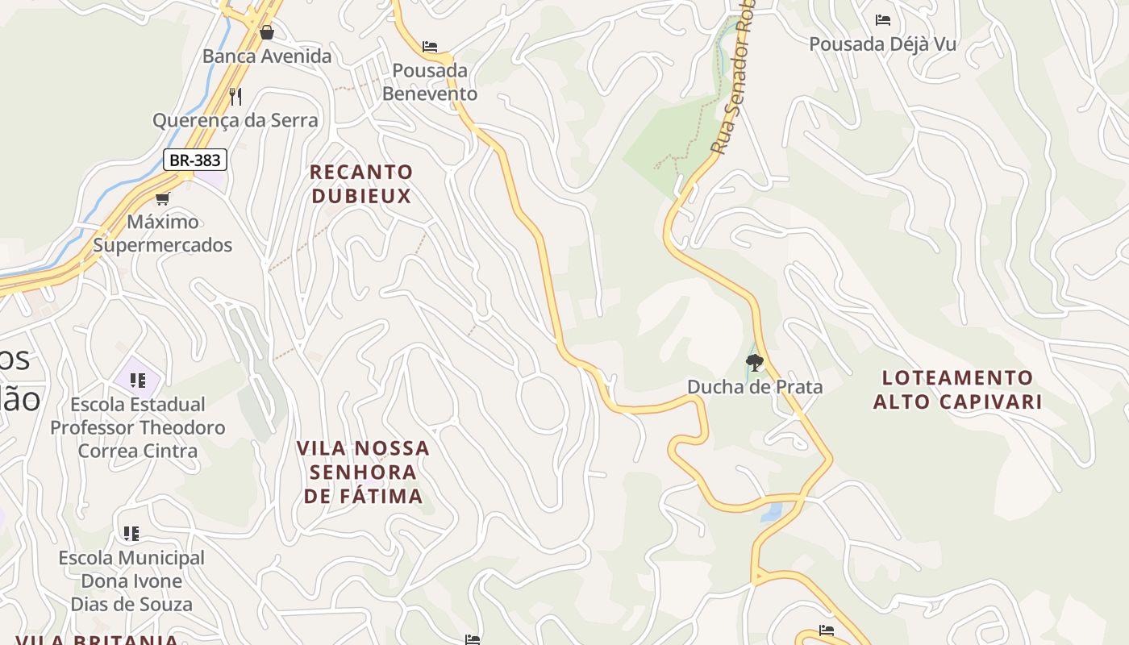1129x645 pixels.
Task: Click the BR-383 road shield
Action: [x=195, y=160]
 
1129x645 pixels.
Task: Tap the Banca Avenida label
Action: [x=267, y=56]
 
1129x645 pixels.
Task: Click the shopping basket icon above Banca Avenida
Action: [x=267, y=32]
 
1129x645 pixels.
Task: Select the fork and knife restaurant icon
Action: [x=235, y=97]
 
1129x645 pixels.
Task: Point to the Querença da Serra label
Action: [x=235, y=121]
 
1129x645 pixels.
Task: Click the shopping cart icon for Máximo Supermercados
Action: [x=163, y=198]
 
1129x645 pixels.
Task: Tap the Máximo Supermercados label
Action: [x=163, y=233]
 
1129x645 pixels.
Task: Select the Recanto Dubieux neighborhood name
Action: [x=361, y=184]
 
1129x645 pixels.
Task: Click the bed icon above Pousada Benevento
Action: [x=430, y=47]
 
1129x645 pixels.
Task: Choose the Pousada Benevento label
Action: [x=430, y=82]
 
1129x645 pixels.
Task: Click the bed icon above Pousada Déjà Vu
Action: [x=883, y=20]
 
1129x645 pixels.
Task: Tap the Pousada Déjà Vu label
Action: [x=883, y=44]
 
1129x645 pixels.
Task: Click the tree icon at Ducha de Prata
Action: [x=755, y=362]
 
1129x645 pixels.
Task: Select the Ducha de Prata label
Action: [x=755, y=387]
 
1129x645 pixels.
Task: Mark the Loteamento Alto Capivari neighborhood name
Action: [x=958, y=389]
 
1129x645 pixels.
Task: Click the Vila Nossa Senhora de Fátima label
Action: [x=363, y=472]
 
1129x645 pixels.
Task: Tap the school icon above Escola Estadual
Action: [x=138, y=380]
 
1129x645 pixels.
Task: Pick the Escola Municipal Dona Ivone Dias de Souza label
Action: [x=131, y=580]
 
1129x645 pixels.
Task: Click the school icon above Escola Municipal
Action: [x=131, y=533]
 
